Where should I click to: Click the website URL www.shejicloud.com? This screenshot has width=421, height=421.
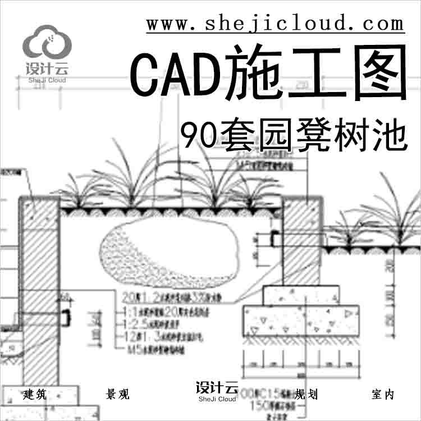[x=275, y=24]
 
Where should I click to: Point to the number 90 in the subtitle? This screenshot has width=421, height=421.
[x=199, y=134]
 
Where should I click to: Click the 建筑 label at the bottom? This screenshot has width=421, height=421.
[x=35, y=395]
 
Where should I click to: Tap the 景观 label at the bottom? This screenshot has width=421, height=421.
[x=117, y=395]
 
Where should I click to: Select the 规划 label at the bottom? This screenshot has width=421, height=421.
[x=306, y=395]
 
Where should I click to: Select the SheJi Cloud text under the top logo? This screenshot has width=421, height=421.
[x=47, y=80]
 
